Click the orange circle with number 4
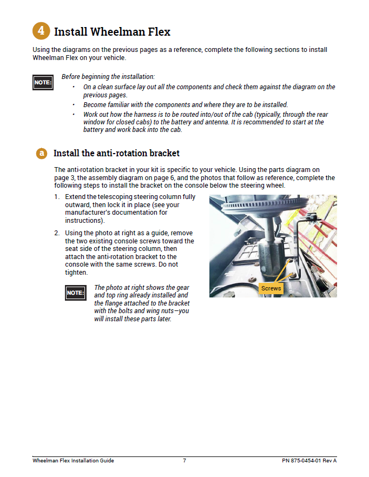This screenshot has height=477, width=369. [x=42, y=31]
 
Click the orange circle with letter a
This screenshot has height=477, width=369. [x=42, y=154]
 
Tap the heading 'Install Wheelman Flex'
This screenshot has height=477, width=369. [x=112, y=31]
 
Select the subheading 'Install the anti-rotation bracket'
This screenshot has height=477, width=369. [x=116, y=154]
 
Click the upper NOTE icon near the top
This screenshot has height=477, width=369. [x=43, y=83]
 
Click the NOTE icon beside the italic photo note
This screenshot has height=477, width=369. [x=75, y=293]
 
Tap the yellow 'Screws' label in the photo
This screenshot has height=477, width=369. [x=271, y=288]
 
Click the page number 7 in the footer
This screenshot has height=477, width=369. [x=184, y=461]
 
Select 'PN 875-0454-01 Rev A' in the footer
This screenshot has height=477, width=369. [x=309, y=461]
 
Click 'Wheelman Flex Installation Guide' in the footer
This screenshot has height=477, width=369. [x=73, y=461]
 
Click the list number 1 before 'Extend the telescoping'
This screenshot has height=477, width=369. [x=56, y=197]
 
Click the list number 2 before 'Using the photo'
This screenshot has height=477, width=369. [x=56, y=233]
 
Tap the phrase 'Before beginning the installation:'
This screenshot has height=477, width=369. [x=108, y=77]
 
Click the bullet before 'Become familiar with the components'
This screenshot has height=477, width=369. [x=74, y=104]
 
